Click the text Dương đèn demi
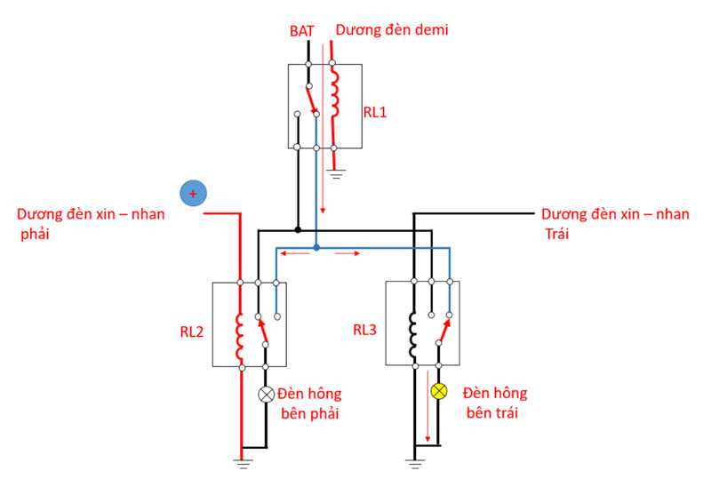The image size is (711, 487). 391,30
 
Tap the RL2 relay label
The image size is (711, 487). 193,331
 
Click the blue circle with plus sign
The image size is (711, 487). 192,193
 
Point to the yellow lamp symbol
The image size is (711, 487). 437,392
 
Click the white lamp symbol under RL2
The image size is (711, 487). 265,395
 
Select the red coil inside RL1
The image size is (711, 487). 334,94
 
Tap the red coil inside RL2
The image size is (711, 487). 240,332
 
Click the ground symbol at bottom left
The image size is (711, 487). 241,460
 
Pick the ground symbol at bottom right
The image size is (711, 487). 413,460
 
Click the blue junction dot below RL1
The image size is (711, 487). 316,246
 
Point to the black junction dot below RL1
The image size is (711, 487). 298,229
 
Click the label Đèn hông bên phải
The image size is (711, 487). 309,403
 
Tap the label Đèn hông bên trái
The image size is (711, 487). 494,403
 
